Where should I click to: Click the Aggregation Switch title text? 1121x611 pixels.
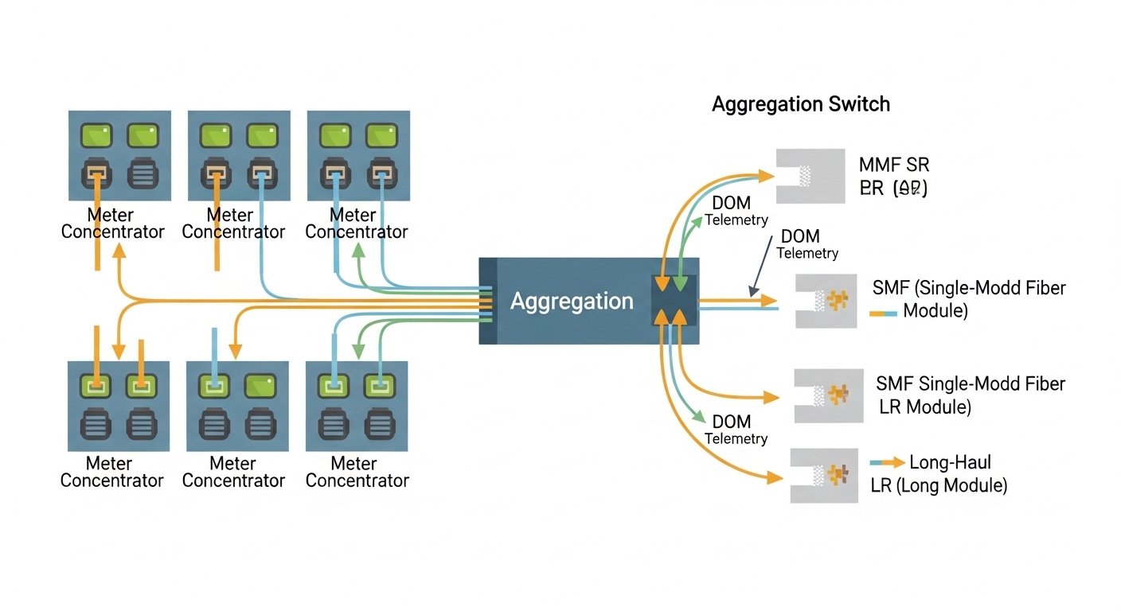(x=800, y=104)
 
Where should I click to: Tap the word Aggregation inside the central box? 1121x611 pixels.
(x=571, y=302)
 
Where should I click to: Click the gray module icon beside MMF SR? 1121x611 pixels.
(x=810, y=176)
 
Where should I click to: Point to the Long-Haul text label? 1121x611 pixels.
(x=950, y=462)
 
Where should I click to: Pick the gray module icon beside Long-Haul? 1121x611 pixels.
(x=823, y=475)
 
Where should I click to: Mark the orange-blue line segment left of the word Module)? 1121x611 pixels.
(x=883, y=313)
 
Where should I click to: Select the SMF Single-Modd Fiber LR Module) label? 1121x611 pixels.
(x=970, y=395)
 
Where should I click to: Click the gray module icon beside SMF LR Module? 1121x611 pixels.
(x=828, y=395)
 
